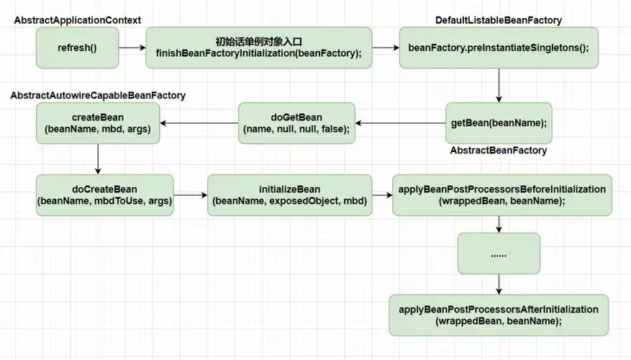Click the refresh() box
77,48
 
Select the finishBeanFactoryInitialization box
259,48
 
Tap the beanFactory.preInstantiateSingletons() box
498,48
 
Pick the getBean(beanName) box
498,123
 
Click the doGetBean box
296,123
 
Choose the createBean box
98,123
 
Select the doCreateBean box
104,195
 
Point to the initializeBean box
289,195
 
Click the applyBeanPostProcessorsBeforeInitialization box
501,195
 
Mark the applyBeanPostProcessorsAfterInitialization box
499,315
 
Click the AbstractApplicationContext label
78,20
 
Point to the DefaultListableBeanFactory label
499,20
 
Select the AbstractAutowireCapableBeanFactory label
98,95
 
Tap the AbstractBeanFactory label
498,150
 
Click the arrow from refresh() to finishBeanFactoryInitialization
132,48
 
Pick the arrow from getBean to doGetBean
400,123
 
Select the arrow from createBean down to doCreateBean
98,158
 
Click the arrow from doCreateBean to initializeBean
191,195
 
